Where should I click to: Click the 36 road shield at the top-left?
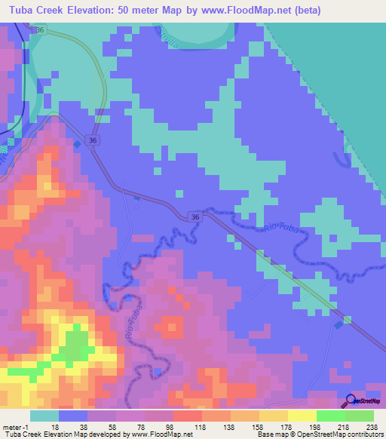41,29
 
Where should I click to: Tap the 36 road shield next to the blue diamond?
92,140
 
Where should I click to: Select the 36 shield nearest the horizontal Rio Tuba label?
195,216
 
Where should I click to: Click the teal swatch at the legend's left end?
44,416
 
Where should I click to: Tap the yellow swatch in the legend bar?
302,416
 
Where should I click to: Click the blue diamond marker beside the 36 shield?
78,141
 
